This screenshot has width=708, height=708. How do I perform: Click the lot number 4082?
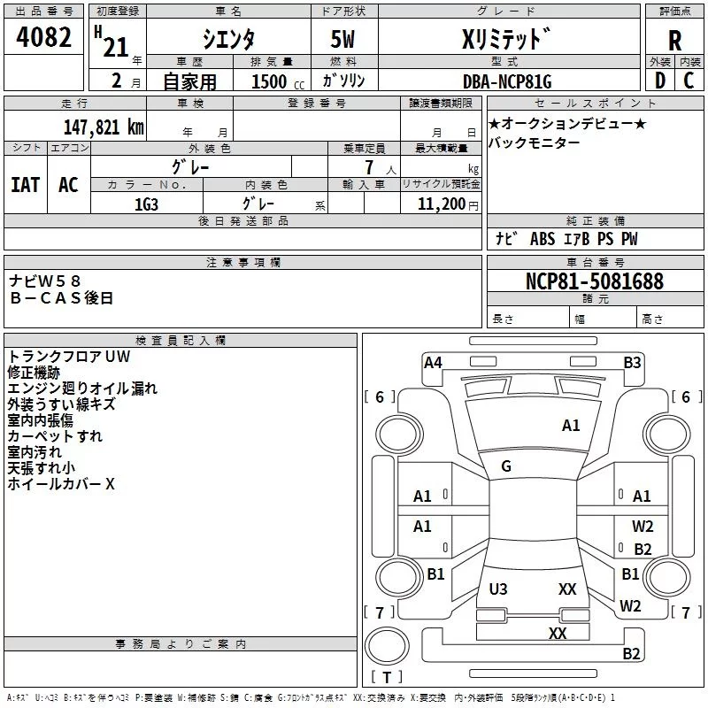43,37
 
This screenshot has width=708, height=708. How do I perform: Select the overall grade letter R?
674,41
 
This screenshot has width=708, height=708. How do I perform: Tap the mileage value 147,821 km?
104,127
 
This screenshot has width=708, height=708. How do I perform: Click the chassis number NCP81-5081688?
595,281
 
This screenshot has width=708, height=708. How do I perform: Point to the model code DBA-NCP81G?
507,81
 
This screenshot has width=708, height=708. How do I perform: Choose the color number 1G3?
146,204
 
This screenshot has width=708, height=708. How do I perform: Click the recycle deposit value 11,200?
441,204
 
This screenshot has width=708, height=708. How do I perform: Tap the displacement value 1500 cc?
278,81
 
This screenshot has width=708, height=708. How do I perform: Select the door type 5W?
342,39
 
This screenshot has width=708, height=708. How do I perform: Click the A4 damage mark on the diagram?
433,363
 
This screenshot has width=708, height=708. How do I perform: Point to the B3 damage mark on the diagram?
632,363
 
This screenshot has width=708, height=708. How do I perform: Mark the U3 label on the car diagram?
498,589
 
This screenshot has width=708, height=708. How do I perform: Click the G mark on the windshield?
506,466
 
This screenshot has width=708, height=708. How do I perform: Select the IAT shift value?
26,185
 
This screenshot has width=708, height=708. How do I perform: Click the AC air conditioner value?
68,185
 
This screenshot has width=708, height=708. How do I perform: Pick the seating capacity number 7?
369,167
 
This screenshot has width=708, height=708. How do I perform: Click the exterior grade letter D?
660,81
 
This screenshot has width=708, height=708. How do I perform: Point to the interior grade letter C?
689,81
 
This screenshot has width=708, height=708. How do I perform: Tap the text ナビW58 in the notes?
45,281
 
